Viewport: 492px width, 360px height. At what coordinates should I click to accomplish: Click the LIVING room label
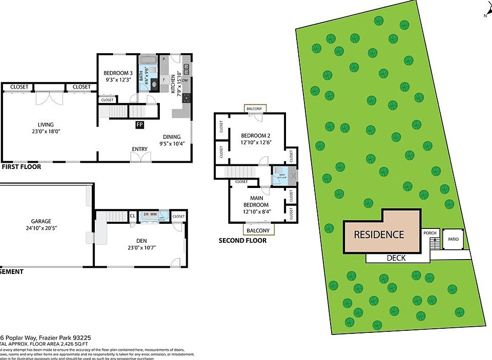click(45, 124)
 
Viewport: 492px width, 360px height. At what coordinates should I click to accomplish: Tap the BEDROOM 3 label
click(117, 73)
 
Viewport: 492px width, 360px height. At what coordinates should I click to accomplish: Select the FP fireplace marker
click(139, 124)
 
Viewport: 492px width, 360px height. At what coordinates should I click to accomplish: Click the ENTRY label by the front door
click(139, 149)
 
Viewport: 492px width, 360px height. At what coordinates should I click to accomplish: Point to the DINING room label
click(172, 137)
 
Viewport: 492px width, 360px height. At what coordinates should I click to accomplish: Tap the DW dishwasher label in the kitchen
click(186, 80)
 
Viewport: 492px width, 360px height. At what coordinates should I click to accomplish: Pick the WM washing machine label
click(153, 215)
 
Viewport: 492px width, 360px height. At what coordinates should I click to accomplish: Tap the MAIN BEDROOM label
click(256, 201)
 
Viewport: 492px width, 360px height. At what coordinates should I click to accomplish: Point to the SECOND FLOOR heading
click(242, 241)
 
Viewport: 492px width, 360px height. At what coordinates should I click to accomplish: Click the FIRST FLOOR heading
click(22, 167)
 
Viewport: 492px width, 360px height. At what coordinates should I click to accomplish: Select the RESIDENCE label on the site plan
click(379, 235)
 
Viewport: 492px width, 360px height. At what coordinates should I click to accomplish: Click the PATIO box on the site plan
click(453, 239)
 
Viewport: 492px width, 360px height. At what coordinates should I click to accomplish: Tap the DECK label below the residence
click(396, 258)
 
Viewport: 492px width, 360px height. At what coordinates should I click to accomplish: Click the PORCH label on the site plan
click(429, 234)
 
